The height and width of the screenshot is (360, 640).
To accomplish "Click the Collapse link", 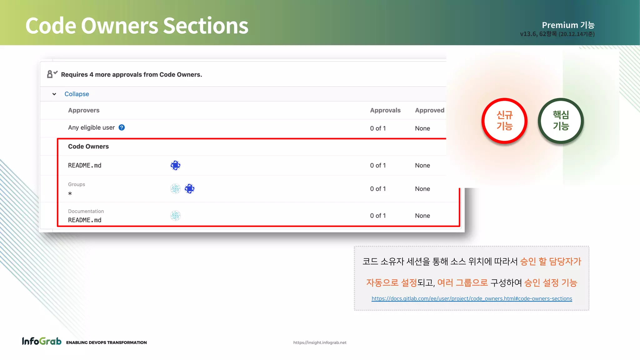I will (x=77, y=94).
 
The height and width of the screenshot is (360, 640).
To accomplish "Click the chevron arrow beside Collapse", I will (x=54, y=94).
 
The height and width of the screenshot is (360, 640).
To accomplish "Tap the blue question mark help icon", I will (x=122, y=127).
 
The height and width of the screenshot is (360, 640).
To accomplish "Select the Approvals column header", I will (x=385, y=110).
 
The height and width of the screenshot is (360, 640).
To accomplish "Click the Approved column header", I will (x=429, y=110).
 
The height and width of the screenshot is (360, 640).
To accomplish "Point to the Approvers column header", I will (x=84, y=110).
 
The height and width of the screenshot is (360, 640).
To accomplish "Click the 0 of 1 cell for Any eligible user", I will (x=378, y=128).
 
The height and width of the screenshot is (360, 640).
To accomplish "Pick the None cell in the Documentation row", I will (x=422, y=216).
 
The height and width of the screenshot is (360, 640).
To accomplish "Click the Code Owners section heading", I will (x=88, y=147).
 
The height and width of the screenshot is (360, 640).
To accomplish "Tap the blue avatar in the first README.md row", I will (x=176, y=165).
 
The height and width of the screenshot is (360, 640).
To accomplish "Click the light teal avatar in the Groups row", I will (x=176, y=189).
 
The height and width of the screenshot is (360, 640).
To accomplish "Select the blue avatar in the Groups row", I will (x=190, y=189).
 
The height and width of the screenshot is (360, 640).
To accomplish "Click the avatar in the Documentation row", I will (x=176, y=216).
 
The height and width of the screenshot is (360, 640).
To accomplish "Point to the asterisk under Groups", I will (x=70, y=194).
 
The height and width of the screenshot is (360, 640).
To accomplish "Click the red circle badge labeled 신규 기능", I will (x=504, y=121).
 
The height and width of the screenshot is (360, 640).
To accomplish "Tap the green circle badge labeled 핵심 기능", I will (x=561, y=121).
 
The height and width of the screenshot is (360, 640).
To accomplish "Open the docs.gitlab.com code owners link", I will (x=472, y=299).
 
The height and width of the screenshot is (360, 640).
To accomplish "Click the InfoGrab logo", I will (x=42, y=341).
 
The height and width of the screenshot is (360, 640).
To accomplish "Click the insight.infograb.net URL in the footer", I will (x=320, y=342).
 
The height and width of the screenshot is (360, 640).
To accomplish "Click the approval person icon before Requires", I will (x=52, y=74).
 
